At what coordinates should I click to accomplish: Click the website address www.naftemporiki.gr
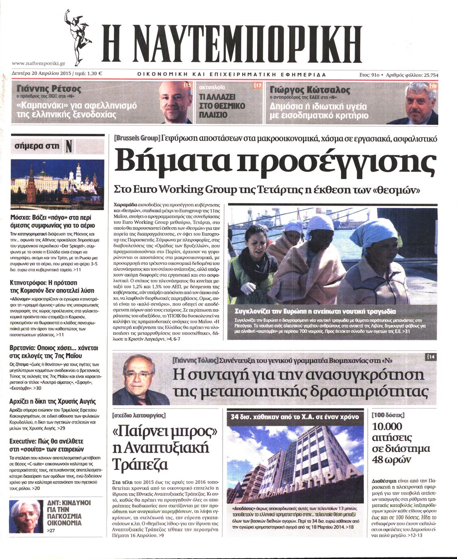(x=39, y=63)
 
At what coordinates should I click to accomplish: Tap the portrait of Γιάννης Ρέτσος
(x=174, y=102)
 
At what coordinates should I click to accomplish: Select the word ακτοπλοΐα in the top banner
(x=212, y=87)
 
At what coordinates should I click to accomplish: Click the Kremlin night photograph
(x=57, y=179)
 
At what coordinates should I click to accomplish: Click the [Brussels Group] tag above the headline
(x=137, y=138)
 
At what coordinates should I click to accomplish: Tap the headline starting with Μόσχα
(x=52, y=221)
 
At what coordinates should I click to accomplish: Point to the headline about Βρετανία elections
(x=54, y=352)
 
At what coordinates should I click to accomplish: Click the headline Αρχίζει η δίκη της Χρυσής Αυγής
(x=52, y=401)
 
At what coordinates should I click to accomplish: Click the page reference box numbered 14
(x=431, y=357)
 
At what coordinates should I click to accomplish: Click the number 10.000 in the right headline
(x=387, y=426)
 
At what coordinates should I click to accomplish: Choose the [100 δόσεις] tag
(x=388, y=415)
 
